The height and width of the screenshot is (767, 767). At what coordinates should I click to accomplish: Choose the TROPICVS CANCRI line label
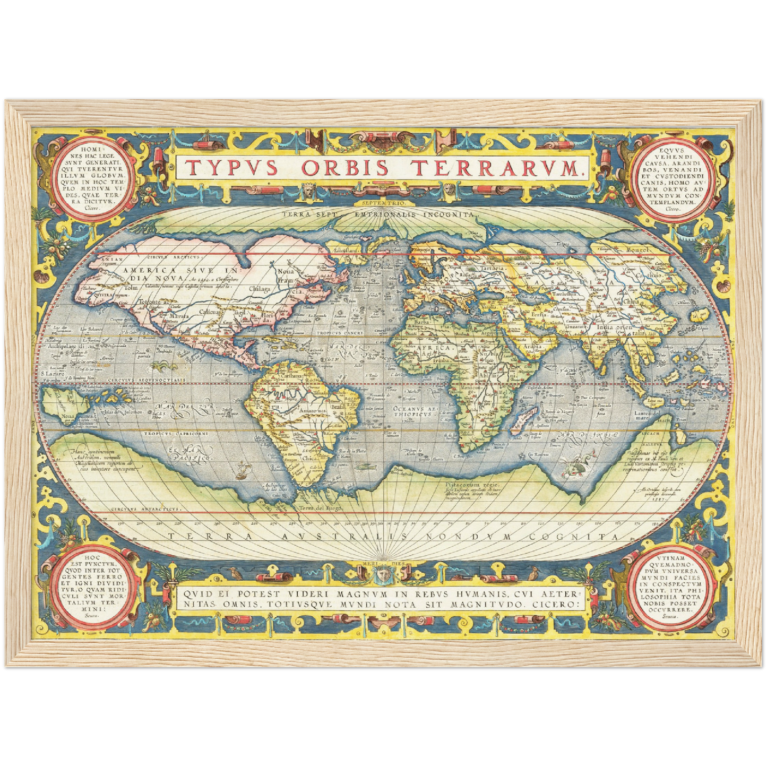(339, 333)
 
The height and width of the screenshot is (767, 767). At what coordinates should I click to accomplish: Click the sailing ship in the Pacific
(243, 468)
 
